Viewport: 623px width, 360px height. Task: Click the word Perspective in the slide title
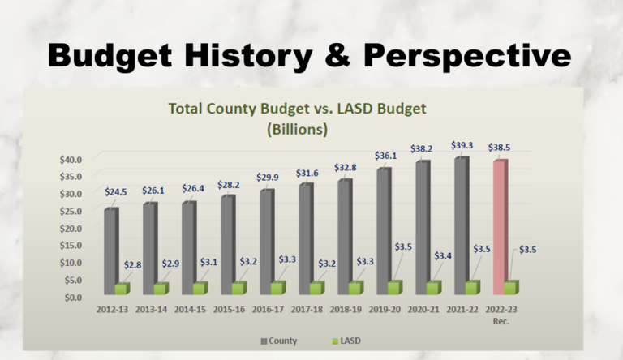click(465, 55)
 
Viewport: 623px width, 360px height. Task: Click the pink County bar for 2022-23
click(500, 227)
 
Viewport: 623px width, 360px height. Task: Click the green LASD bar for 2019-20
click(395, 287)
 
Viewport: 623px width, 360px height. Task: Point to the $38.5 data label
click(500, 148)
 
